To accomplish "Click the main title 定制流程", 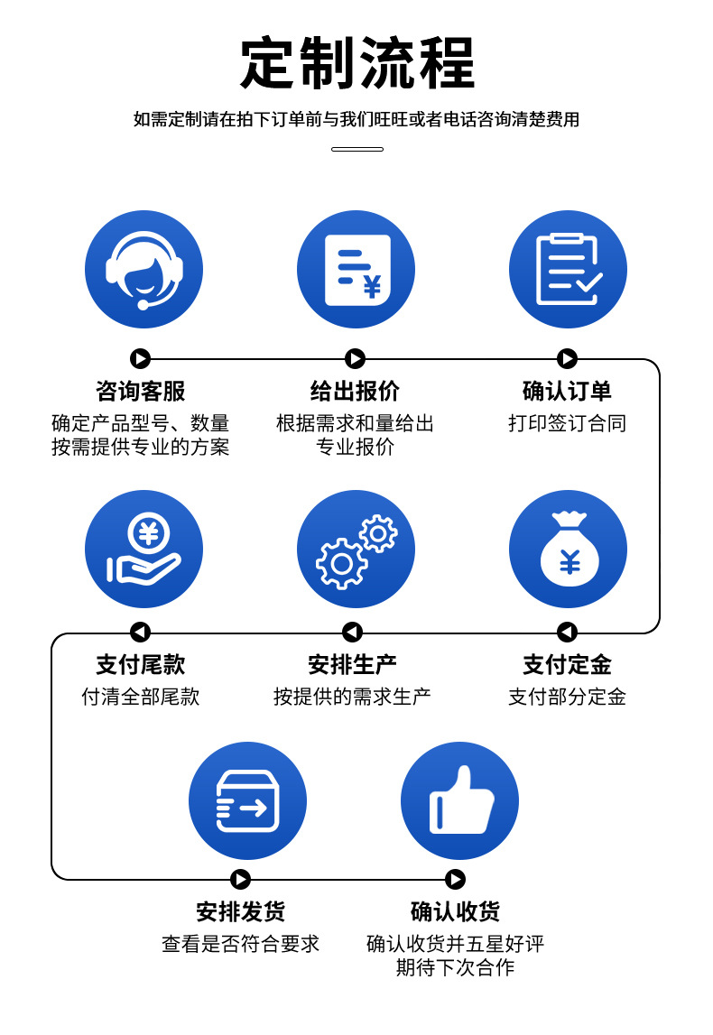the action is [x=357, y=63].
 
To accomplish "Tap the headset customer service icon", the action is [x=144, y=269].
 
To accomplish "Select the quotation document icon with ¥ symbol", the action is [x=356, y=269].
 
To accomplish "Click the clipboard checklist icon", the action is [x=568, y=269].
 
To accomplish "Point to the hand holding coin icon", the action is [x=144, y=549].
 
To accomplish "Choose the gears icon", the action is [x=356, y=549].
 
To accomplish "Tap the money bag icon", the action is [x=568, y=549].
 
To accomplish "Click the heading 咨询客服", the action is [x=141, y=391].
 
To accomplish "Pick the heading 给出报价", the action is [x=355, y=391].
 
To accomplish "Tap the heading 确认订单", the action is [x=567, y=391].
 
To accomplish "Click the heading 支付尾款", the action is [x=141, y=665].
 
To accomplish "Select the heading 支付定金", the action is [x=567, y=665].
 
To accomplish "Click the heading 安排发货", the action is [x=240, y=911].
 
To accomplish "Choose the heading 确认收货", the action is [x=455, y=911].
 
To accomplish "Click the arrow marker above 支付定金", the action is [x=567, y=632].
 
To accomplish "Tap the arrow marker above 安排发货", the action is [x=240, y=879].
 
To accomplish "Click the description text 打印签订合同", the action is [x=567, y=423].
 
